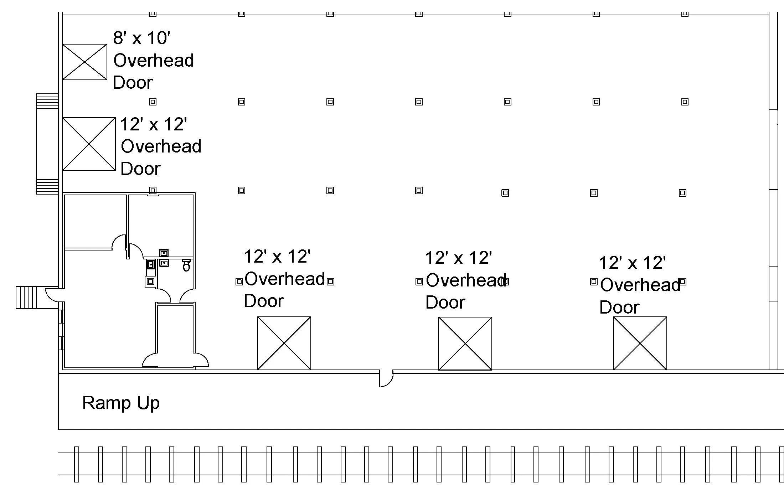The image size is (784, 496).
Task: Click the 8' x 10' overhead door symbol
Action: pyautogui.click(x=84, y=62)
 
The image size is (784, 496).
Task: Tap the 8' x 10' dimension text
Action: pyautogui.click(x=141, y=38)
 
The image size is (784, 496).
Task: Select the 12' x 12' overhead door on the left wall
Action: pyautogui.click(x=89, y=144)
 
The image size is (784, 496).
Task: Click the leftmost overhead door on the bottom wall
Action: pyautogui.click(x=284, y=343)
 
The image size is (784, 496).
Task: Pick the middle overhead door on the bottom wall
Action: pyautogui.click(x=465, y=343)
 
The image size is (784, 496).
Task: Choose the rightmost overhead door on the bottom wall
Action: pyautogui.click(x=640, y=343)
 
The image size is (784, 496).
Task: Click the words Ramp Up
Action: pyautogui.click(x=121, y=403)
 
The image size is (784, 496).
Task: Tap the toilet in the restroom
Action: pyautogui.click(x=186, y=266)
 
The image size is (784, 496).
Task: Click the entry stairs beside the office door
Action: pyautogui.click(x=26, y=297)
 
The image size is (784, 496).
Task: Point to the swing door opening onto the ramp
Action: pyautogui.click(x=386, y=379)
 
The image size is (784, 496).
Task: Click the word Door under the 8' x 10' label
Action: pyautogui.click(x=133, y=83)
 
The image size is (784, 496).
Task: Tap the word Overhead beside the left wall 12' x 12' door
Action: pyautogui.click(x=161, y=146)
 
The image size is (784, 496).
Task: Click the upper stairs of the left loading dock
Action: pyautogui.click(x=47, y=101)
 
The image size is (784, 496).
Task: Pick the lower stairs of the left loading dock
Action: pyautogui.click(x=47, y=187)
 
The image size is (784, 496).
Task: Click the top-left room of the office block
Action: pyautogui.click(x=95, y=221)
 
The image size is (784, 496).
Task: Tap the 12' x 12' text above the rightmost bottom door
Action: pyautogui.click(x=632, y=263)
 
